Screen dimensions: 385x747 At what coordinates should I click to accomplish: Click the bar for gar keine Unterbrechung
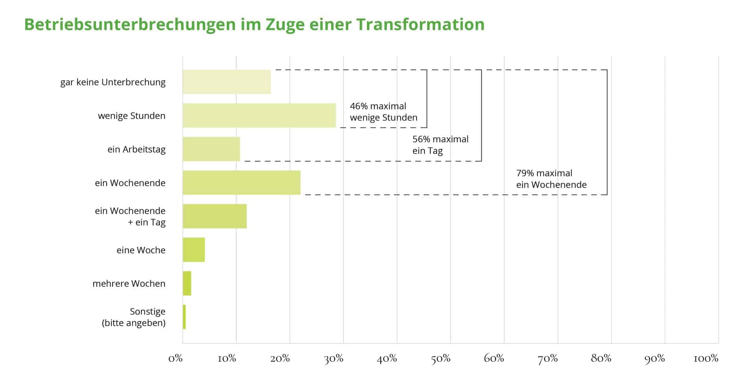(x=226, y=82)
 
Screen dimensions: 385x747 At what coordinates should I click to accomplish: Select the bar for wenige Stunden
(x=259, y=116)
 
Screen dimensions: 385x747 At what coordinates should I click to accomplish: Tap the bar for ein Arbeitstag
(x=211, y=149)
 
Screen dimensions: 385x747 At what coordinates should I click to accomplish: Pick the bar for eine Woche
(x=194, y=250)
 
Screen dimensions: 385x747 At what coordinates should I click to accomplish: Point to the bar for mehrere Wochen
(x=187, y=283)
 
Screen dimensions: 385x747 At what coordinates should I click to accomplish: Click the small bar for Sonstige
(x=184, y=317)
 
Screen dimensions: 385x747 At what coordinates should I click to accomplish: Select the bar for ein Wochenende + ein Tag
(x=215, y=216)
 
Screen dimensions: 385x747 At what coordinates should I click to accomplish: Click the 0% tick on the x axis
(x=175, y=358)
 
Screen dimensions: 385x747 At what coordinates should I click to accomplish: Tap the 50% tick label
(x=440, y=358)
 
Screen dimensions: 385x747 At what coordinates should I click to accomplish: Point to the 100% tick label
(x=706, y=358)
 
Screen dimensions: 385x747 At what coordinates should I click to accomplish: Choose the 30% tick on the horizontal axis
(x=334, y=358)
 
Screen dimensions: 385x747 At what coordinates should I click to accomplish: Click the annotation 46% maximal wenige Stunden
(x=383, y=112)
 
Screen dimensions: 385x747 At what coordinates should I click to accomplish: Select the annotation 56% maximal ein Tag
(x=440, y=145)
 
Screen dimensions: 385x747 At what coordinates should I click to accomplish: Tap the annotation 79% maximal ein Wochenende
(x=551, y=179)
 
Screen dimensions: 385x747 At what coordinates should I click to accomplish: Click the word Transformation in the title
(x=420, y=24)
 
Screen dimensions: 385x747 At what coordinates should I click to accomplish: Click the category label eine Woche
(x=141, y=250)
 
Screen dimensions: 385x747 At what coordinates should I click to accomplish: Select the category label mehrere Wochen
(x=129, y=284)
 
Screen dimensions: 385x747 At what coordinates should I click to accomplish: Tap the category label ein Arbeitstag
(x=136, y=149)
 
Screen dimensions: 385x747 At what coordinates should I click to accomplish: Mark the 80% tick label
(x=601, y=358)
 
